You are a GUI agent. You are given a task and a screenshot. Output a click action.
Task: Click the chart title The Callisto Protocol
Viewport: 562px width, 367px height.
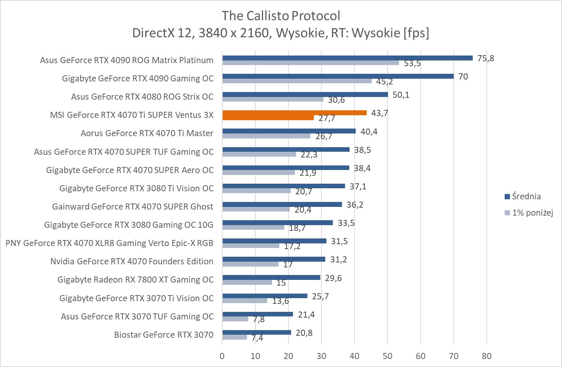281,16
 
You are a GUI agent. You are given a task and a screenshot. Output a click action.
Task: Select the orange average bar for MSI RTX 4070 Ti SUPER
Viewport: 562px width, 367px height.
294,113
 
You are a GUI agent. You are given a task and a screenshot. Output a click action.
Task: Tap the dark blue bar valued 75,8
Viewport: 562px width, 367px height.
347,58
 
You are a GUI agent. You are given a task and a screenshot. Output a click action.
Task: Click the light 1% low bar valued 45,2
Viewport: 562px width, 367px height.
297,81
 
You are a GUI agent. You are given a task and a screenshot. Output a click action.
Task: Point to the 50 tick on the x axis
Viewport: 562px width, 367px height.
388,356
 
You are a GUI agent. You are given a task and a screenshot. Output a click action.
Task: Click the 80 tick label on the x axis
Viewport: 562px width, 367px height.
486,356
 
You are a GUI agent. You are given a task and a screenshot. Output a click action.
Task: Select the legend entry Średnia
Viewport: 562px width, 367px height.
526,196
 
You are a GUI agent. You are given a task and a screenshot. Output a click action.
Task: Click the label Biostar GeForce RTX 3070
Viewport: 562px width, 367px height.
164,335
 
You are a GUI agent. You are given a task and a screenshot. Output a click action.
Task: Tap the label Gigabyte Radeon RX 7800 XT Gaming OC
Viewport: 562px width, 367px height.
136,280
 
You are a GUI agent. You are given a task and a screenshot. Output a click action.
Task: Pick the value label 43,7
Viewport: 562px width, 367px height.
380,113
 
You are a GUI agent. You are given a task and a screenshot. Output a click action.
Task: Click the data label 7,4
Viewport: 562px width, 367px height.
257,338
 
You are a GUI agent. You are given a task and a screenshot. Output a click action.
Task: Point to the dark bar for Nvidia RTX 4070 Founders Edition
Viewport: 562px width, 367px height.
274,259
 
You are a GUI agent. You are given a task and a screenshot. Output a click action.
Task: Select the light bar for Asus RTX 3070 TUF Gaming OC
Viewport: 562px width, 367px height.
235,319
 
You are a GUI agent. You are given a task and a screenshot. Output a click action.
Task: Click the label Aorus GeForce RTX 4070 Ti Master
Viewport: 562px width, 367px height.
147,133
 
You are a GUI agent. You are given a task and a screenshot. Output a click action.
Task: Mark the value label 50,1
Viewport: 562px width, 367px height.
401,95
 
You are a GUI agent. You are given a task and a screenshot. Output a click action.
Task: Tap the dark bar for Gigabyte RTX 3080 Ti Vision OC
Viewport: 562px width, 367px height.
283,186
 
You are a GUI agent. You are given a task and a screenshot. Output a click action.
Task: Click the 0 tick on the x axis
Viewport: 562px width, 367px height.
222,356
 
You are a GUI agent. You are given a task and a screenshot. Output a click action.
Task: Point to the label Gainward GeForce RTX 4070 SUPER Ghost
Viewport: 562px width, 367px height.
133,207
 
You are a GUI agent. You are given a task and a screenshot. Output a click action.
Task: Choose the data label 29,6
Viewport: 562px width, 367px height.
333,278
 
